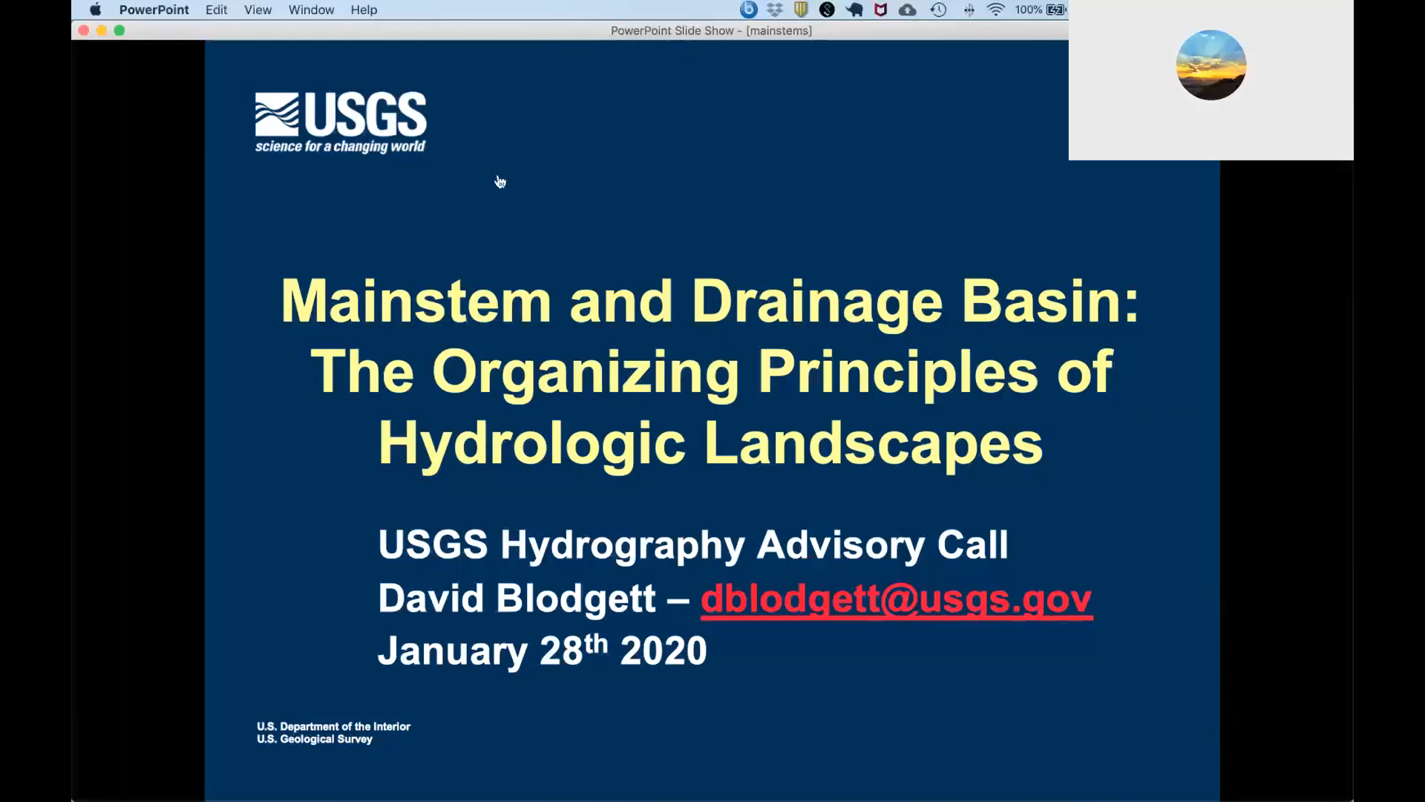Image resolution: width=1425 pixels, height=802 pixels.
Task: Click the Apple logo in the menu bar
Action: coord(95,10)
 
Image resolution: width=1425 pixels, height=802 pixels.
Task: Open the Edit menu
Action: coord(216,10)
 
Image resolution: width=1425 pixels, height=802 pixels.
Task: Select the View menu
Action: coord(258,10)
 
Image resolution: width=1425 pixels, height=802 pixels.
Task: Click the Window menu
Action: coord(311,10)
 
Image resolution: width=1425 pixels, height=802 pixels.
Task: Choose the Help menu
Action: coord(364,10)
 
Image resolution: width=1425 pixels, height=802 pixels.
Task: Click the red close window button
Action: coord(84,30)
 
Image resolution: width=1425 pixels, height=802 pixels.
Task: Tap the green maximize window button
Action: coord(119,30)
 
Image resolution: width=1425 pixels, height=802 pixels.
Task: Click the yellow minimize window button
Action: coord(102,30)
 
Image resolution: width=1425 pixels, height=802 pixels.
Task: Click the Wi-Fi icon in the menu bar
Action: coord(995,10)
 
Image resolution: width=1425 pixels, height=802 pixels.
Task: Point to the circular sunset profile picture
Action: coord(1211,65)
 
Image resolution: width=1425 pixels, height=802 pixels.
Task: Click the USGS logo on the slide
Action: coord(341,123)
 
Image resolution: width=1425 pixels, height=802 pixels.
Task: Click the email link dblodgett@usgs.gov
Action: coord(897,599)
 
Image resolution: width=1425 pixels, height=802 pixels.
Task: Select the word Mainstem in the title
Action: coord(416,301)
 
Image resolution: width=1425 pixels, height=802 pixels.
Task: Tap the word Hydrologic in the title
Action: coord(531,443)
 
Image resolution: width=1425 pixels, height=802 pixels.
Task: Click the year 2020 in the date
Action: coord(664,651)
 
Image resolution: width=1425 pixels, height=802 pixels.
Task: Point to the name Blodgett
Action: coord(576,599)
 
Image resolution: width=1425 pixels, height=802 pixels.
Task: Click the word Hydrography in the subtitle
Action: coord(622,546)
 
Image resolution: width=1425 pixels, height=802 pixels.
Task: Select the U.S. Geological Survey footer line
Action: coord(315,740)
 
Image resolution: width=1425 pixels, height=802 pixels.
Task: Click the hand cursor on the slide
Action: coord(500,182)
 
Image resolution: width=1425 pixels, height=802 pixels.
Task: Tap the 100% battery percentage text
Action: coord(1028,10)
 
